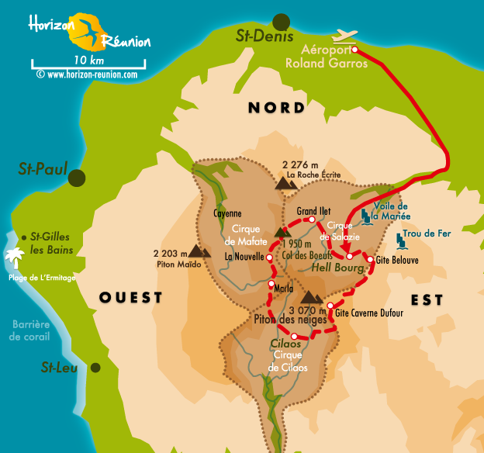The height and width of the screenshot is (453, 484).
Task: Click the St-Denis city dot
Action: click(x=282, y=22)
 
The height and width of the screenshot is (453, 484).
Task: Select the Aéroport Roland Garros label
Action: click(x=337, y=57)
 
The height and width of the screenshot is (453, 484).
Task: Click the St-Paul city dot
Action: click(x=76, y=178)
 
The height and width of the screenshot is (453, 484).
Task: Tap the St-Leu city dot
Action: click(x=95, y=368)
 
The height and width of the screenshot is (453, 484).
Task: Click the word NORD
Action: click(x=277, y=108)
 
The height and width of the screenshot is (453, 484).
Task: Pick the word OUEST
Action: click(x=131, y=298)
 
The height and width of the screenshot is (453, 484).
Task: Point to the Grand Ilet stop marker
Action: click(x=312, y=220)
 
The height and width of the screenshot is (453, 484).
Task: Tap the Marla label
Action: click(x=284, y=289)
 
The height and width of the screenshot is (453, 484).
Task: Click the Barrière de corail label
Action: click(x=30, y=330)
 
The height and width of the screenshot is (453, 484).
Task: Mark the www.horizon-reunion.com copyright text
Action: click(x=86, y=75)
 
